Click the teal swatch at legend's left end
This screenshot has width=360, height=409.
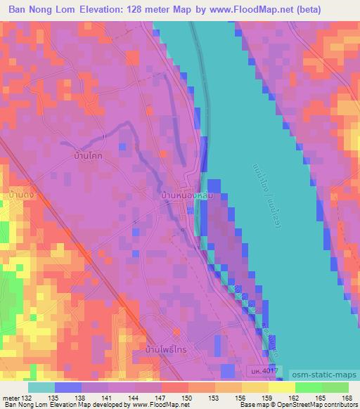tap(41, 387)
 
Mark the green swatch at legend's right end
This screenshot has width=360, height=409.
tap(335, 387)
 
